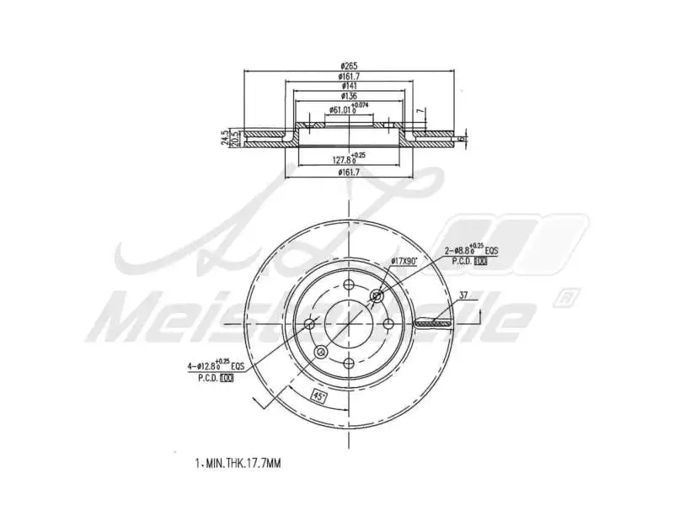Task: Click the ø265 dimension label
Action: (x=350, y=67)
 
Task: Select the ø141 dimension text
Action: (x=350, y=86)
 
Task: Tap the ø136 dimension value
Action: (x=350, y=95)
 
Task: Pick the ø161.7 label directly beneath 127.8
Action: (x=350, y=173)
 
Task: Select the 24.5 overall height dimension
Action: (x=225, y=137)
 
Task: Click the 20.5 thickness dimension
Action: (x=235, y=138)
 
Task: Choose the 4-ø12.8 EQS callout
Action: (x=214, y=366)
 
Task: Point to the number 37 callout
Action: (x=463, y=295)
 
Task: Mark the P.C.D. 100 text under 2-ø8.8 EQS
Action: (x=469, y=263)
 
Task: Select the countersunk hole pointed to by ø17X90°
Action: (x=376, y=295)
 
